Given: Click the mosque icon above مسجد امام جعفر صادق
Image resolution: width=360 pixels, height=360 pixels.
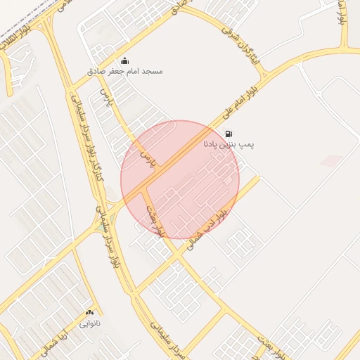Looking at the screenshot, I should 124,60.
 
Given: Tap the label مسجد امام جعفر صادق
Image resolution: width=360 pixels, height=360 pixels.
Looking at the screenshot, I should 124,72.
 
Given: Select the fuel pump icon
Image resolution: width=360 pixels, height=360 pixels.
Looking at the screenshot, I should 229,134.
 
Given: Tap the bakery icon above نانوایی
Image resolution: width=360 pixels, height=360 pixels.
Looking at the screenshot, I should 89,312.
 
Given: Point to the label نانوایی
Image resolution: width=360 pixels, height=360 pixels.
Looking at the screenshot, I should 89,323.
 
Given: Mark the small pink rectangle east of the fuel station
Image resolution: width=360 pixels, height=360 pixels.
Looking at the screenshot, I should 331,161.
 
